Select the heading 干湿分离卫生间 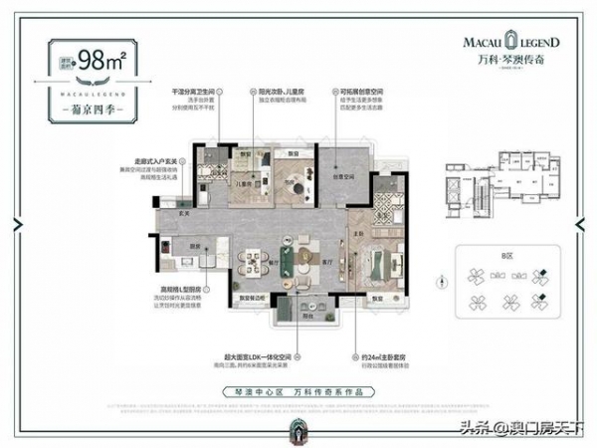coord(193,89)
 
